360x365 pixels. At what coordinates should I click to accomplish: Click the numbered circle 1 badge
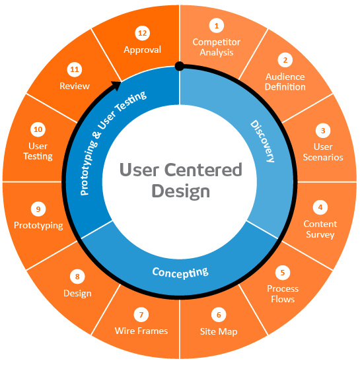(215, 26)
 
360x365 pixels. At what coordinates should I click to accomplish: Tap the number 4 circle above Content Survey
(320, 207)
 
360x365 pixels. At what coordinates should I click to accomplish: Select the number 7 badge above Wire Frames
(141, 314)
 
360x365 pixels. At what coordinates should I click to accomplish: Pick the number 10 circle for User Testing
(38, 129)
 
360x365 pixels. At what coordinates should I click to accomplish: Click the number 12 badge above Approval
(142, 32)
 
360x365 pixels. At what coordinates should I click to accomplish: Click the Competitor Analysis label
(216, 48)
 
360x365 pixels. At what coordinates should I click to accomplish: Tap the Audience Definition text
(285, 82)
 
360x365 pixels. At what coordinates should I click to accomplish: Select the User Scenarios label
(323, 152)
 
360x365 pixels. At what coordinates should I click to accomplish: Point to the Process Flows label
(283, 294)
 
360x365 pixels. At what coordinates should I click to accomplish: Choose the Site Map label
(219, 331)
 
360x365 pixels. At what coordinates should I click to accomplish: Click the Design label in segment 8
(77, 293)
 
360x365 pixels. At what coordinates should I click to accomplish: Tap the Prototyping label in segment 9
(38, 226)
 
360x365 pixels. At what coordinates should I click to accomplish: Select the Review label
(75, 86)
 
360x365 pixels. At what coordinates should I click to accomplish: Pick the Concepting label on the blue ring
(180, 271)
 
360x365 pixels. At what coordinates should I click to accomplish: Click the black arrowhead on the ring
(116, 84)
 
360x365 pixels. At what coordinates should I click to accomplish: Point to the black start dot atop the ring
(179, 65)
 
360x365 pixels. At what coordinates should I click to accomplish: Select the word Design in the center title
(180, 191)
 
